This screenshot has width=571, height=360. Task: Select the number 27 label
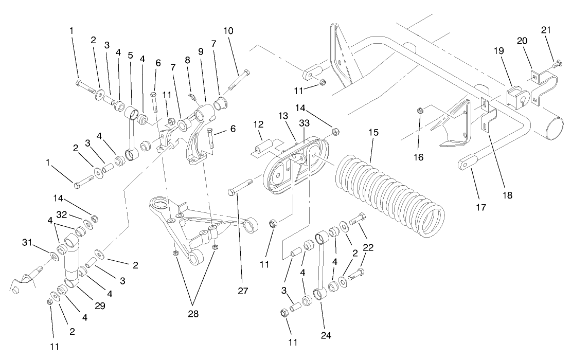point(243,291)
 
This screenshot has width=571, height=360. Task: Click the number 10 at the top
point(228,31)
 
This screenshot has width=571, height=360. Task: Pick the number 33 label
point(304,123)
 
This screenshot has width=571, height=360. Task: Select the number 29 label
point(100,306)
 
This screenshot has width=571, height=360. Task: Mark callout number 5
point(131,55)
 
